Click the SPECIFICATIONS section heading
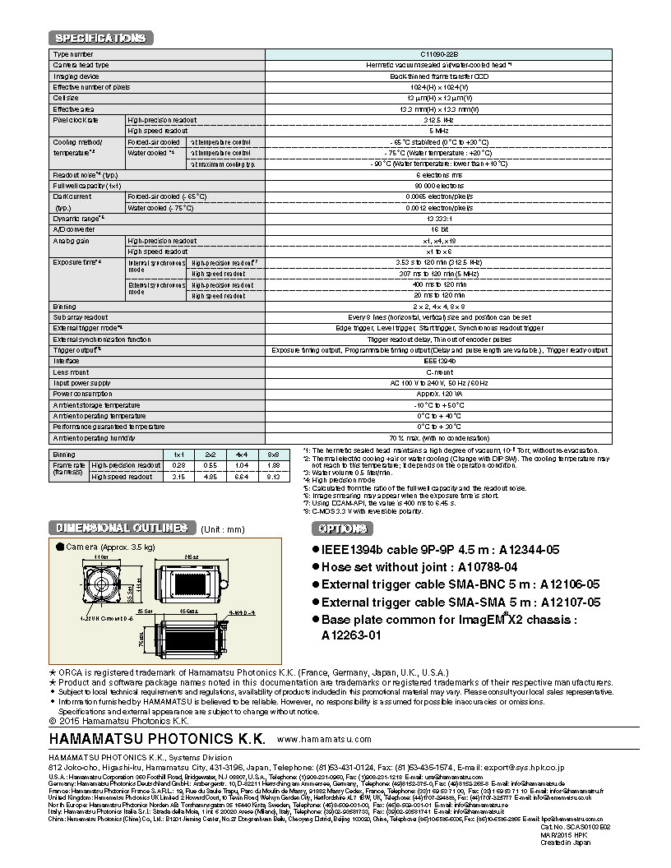pos(100,38)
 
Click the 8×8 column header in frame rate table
pos(274,454)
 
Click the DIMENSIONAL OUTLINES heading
pos(121,528)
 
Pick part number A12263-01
pos(352,635)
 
